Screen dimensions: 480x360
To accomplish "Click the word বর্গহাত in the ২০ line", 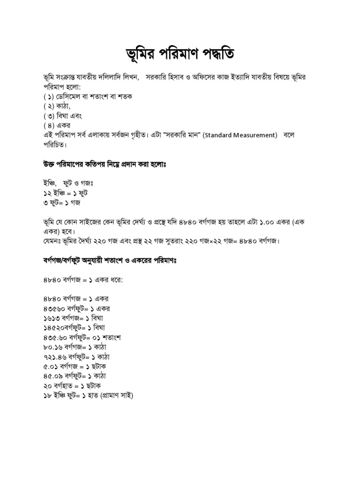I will [65, 386].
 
